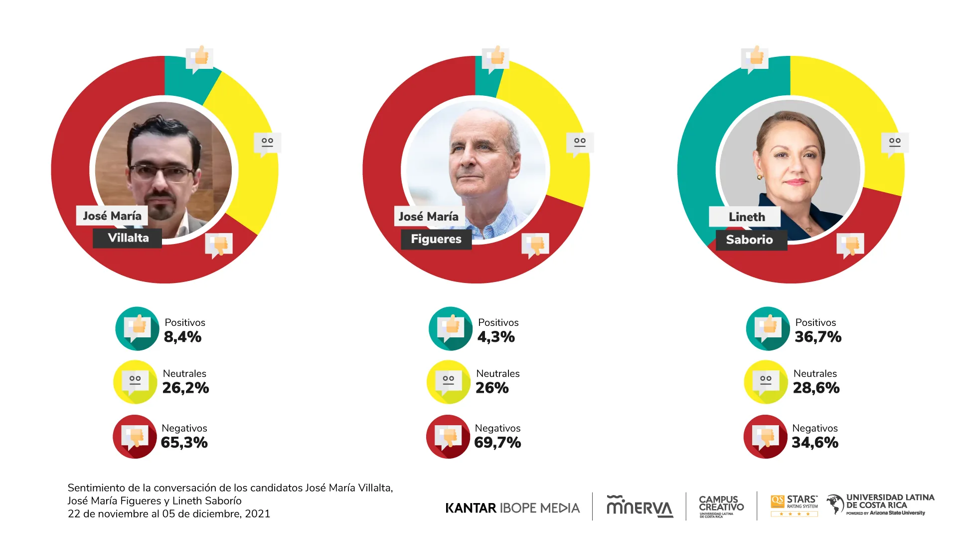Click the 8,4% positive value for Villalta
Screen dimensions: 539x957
pos(182,337)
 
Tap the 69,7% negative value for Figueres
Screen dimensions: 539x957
pos(497,442)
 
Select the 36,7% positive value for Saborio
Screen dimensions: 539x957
pos(817,337)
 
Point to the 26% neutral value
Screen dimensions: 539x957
pos(492,388)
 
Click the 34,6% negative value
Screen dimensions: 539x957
pos(815,442)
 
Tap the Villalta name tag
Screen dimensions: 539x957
pos(128,238)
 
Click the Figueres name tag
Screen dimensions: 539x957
pos(436,239)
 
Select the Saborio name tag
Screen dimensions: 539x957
pos(749,240)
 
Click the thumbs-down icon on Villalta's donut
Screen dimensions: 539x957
pos(219,245)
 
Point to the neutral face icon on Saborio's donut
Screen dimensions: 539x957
pos(895,143)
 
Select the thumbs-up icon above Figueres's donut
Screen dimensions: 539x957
pos(495,58)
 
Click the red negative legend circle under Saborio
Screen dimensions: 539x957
pos(765,437)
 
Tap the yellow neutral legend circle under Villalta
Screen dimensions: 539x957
pos(135,382)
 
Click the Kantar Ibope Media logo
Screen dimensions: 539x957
pos(512,508)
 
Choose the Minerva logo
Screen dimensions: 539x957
pos(639,507)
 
